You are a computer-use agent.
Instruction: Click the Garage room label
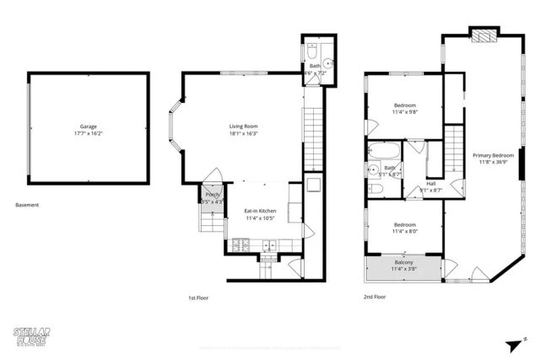pos(88,126)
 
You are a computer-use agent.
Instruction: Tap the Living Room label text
pos(243,126)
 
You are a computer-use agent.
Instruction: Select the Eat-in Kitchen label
pos(261,211)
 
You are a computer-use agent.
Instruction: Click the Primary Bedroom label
pos(493,155)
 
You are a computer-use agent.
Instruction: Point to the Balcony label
pos(403,262)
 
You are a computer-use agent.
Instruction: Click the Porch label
pos(213,195)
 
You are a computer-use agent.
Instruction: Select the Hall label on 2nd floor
pos(430,184)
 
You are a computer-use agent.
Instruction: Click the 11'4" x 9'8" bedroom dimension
pos(405,111)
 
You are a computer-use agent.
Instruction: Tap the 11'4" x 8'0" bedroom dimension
pos(405,231)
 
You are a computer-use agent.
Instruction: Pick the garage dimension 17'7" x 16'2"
pos(88,133)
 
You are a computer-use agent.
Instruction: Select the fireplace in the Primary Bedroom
pos(483,35)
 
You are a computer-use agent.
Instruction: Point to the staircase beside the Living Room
pos(313,139)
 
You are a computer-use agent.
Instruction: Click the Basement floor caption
pos(27,204)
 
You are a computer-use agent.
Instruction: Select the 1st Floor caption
pos(198,297)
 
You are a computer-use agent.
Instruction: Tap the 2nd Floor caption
pos(375,297)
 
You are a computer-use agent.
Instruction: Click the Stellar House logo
pos(33,336)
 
